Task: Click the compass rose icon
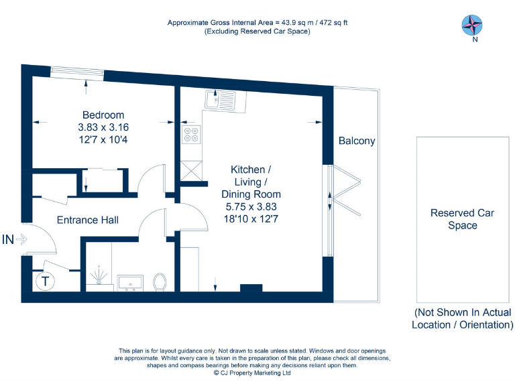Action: click(472, 25)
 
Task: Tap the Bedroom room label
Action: click(103, 115)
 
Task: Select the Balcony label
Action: click(357, 141)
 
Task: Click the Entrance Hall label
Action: click(87, 220)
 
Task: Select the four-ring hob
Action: click(190, 136)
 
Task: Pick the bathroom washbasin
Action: click(129, 283)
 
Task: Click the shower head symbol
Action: click(100, 275)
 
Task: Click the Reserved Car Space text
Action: click(463, 219)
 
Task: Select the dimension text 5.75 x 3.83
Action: click(251, 207)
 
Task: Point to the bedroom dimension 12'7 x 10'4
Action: click(103, 139)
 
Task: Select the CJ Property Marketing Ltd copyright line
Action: click(252, 373)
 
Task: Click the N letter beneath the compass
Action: click(475, 40)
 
